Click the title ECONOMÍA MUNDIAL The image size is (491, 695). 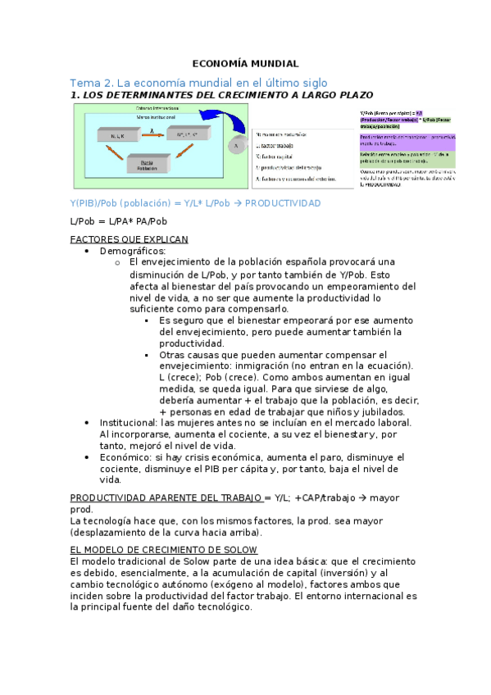pos(245,63)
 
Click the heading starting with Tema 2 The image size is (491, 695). pos(198,83)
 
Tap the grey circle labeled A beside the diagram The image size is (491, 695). pos(234,146)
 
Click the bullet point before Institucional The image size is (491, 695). pos(88,422)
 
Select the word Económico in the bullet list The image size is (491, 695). pos(125,457)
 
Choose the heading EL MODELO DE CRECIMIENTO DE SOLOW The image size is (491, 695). pos(164,549)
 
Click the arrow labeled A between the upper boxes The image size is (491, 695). pos(151,130)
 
